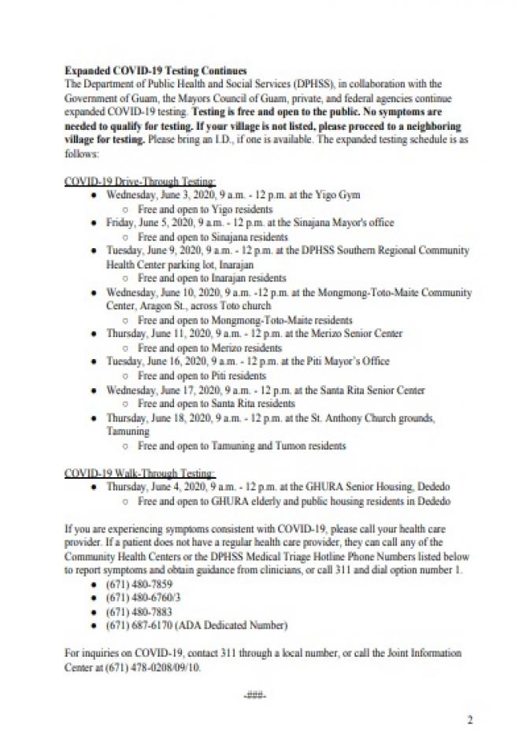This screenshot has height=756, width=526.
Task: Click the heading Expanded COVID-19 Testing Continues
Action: coord(155,71)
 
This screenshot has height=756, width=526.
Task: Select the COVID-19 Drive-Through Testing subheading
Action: coord(140,182)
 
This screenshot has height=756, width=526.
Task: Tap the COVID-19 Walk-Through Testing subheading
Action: coord(139,473)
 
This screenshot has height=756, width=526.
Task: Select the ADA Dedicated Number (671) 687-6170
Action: coord(196,626)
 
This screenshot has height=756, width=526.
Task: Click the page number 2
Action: coord(470,719)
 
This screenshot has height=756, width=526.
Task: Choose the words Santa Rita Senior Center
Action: coord(380,390)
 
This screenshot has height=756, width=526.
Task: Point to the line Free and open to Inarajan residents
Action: coord(211,279)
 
